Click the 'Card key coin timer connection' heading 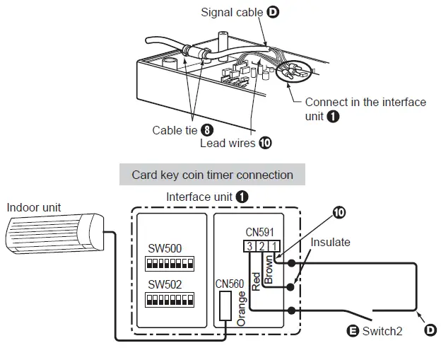point(212,175)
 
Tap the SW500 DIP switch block point(170,264)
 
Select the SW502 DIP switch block point(170,300)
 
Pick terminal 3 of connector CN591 point(249,246)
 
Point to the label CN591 point(259,231)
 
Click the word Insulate point(330,243)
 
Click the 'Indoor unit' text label point(34,207)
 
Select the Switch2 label point(382,330)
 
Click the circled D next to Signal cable point(273,12)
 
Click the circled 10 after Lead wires point(265,142)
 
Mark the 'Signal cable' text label point(232,12)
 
